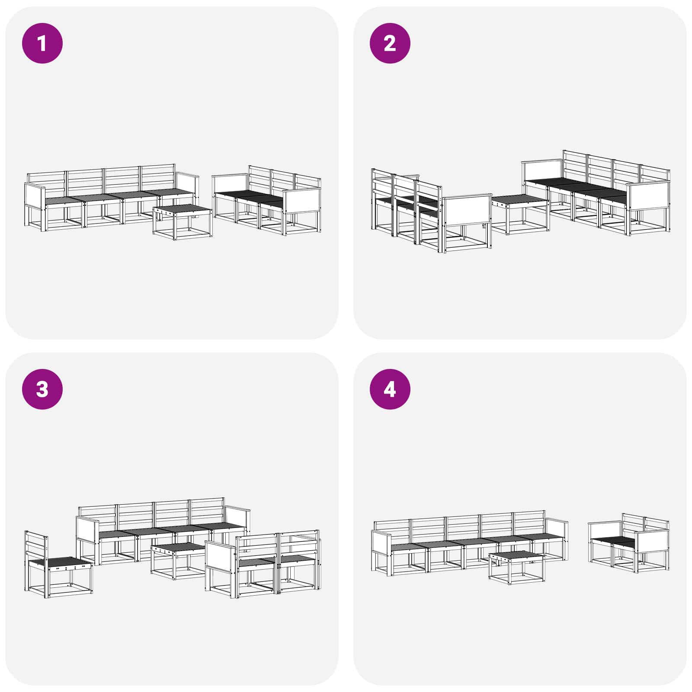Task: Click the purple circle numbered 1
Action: tap(42, 43)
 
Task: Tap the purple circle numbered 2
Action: tap(390, 43)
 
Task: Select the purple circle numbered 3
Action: tap(42, 389)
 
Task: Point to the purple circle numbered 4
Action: tap(390, 389)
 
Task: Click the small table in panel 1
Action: tap(183, 222)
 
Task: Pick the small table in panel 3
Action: tap(179, 561)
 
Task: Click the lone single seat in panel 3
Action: tap(58, 564)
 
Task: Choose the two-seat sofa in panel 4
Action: tap(629, 543)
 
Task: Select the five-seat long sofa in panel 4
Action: tap(470, 543)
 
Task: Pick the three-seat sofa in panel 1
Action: tap(267, 200)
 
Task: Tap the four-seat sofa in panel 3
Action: tap(163, 531)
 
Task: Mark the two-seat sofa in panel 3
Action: tap(263, 564)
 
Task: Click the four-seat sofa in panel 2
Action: tap(596, 193)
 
